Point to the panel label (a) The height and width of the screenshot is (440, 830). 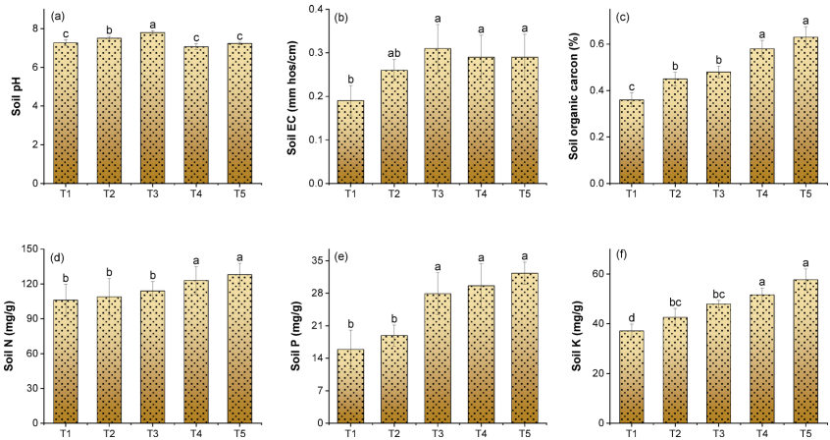click(x=58, y=17)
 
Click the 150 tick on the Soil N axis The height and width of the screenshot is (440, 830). click(x=30, y=249)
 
